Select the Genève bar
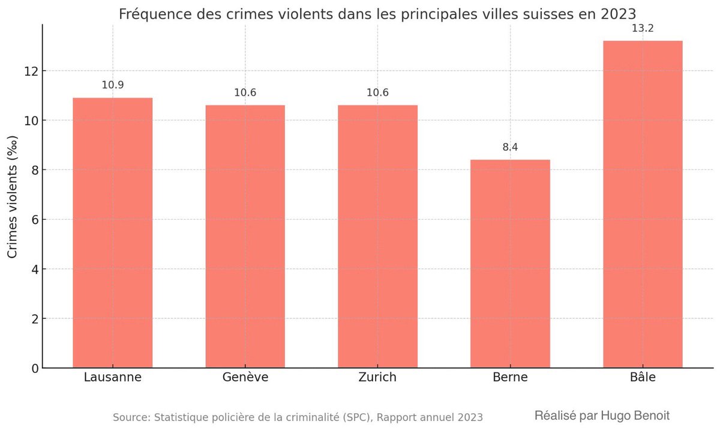(x=245, y=237)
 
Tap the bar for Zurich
(x=377, y=237)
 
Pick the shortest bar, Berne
(x=510, y=264)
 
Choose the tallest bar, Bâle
(x=643, y=204)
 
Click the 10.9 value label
(x=113, y=85)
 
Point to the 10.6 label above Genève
(x=245, y=92)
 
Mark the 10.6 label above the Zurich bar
(x=377, y=92)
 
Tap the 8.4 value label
(x=510, y=147)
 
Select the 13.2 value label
(x=643, y=28)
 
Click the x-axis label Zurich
(x=377, y=378)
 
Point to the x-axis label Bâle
(x=643, y=378)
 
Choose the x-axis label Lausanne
(x=113, y=378)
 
